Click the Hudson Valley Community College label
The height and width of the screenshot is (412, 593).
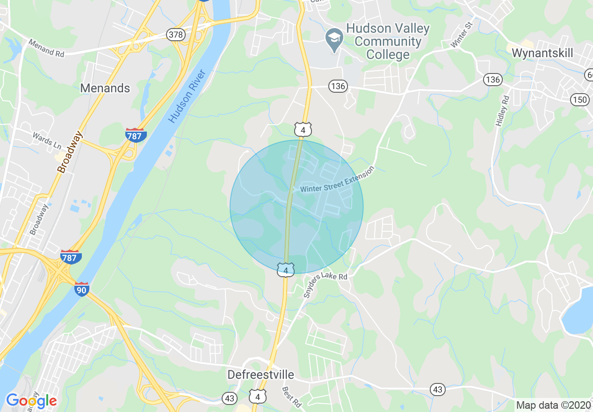[x=388, y=42]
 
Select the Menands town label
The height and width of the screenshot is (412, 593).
[x=105, y=88]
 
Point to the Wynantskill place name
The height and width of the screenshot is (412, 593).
[x=542, y=53]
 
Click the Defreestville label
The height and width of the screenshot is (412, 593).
[x=260, y=375]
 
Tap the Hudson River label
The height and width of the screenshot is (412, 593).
[x=187, y=97]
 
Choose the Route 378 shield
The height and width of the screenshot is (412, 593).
[x=176, y=35]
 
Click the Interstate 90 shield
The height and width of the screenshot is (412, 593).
[x=81, y=289]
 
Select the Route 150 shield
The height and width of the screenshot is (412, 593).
[x=579, y=99]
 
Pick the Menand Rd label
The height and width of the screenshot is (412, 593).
[x=46, y=48]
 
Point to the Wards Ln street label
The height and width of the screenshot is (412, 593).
[x=47, y=140]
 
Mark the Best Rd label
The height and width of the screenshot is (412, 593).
[x=291, y=397]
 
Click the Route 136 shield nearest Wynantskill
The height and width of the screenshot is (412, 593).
[x=492, y=80]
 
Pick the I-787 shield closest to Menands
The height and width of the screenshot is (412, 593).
[x=136, y=135]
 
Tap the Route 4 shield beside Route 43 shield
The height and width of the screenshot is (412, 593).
[x=258, y=397]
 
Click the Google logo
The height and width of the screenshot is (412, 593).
[x=31, y=401]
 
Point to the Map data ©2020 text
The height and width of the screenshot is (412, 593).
[x=553, y=405]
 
